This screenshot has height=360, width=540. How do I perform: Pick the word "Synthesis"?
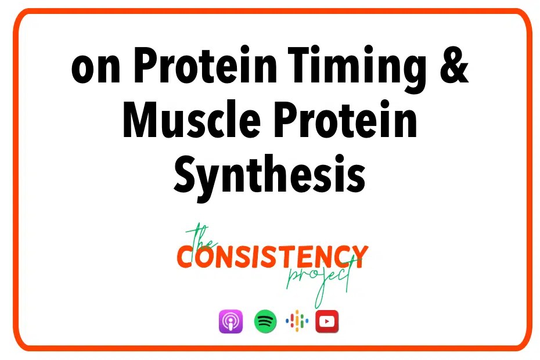(x=269, y=177)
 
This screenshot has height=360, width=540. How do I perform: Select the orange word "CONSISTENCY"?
(x=272, y=256)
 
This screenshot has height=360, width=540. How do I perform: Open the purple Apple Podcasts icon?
(x=231, y=321)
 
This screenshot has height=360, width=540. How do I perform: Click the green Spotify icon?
(x=265, y=321)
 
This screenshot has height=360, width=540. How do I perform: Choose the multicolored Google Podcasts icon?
(x=297, y=321)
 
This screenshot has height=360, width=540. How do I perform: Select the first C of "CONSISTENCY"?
(x=186, y=256)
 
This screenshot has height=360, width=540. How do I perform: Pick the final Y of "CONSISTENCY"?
(x=359, y=256)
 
